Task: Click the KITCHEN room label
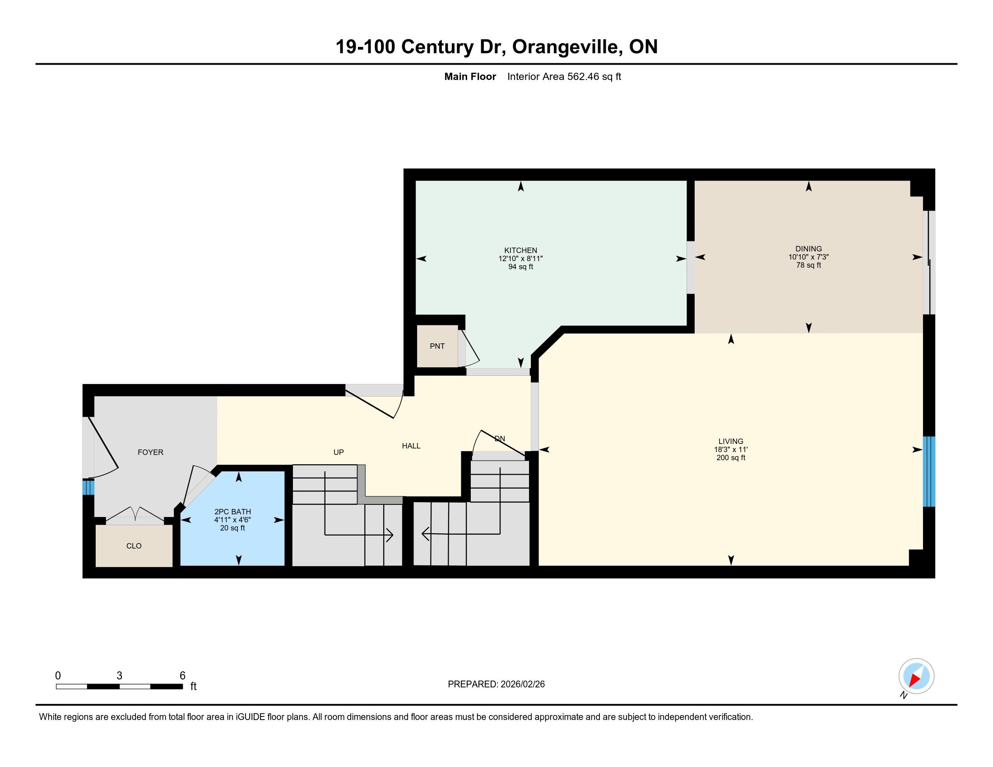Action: pos(520,250)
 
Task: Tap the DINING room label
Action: pos(808,249)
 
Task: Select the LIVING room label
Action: pos(731,441)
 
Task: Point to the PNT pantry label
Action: pos(437,346)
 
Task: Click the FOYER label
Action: pos(150,452)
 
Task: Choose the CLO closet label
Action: pos(134,546)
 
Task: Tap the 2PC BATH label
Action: pos(232,512)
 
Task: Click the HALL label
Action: pos(411,446)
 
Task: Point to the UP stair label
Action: pos(338,452)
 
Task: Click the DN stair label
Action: pos(500,439)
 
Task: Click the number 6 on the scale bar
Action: pos(182,676)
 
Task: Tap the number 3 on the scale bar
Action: pos(119,676)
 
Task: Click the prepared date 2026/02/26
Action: pos(522,684)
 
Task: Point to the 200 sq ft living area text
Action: pos(731,457)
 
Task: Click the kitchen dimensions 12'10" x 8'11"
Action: pos(520,259)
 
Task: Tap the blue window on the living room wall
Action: pos(928,471)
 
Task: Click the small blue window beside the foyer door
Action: pos(88,488)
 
